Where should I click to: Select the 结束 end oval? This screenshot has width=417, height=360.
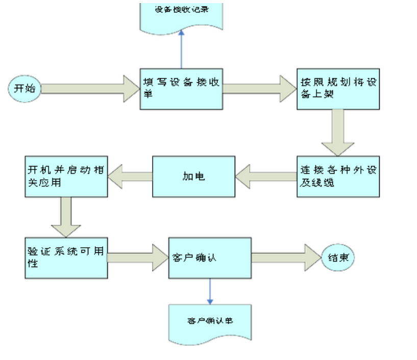pyautogui.click(x=338, y=258)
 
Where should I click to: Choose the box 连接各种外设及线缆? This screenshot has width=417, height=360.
pyautogui.click(x=338, y=176)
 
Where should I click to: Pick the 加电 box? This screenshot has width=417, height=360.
pyautogui.click(x=193, y=176)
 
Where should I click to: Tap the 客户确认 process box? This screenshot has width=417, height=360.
pyautogui.click(x=210, y=257)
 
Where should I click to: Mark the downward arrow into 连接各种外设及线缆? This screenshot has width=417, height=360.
pyautogui.click(x=338, y=132)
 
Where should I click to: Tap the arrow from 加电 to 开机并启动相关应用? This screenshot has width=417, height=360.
pyautogui.click(x=130, y=176)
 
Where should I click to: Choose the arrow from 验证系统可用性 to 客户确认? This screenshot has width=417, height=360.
pyautogui.click(x=138, y=257)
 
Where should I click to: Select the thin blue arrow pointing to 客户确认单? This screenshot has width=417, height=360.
pyautogui.click(x=210, y=291)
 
